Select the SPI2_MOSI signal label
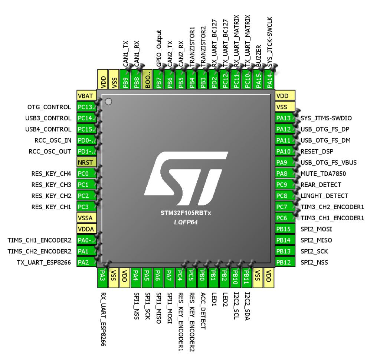click(314, 228)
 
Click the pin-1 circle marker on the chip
click(108, 101)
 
